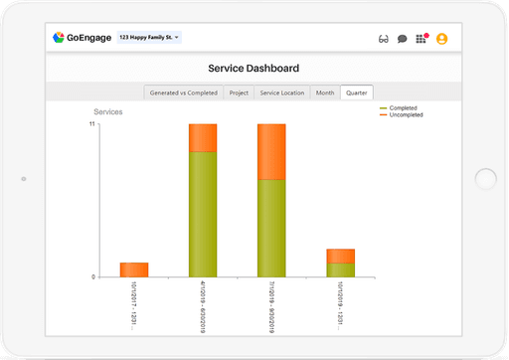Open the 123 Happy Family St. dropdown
148,38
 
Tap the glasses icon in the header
384,39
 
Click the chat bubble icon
403,39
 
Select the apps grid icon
423,39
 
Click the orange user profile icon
441,39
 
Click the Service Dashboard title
254,69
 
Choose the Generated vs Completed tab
183,92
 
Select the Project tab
239,92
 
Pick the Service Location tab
282,92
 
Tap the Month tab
325,92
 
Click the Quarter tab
356,92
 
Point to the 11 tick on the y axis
91,124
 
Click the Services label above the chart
108,112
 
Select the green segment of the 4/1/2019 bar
203,214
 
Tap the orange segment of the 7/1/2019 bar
271,151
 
